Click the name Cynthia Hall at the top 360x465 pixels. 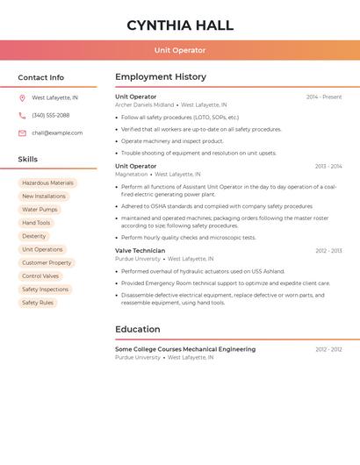point(180,25)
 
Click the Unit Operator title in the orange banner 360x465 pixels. point(180,50)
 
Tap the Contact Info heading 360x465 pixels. point(41,77)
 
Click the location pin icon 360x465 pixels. point(22,98)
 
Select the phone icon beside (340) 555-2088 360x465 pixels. point(22,116)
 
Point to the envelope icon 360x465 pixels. point(22,133)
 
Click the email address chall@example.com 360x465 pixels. point(57,133)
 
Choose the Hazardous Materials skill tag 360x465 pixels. point(47,183)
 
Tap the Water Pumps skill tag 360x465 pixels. point(40,210)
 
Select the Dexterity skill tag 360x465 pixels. point(34,236)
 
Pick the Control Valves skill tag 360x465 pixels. point(40,276)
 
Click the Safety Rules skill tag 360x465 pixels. point(38,303)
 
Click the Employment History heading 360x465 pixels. point(161,77)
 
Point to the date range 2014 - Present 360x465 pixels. point(324,97)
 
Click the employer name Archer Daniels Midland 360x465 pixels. point(144,105)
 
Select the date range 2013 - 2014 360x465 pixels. point(328,166)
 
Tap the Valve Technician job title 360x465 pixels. point(140,251)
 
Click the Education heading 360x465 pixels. point(137,330)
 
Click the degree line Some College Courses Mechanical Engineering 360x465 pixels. point(185,349)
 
